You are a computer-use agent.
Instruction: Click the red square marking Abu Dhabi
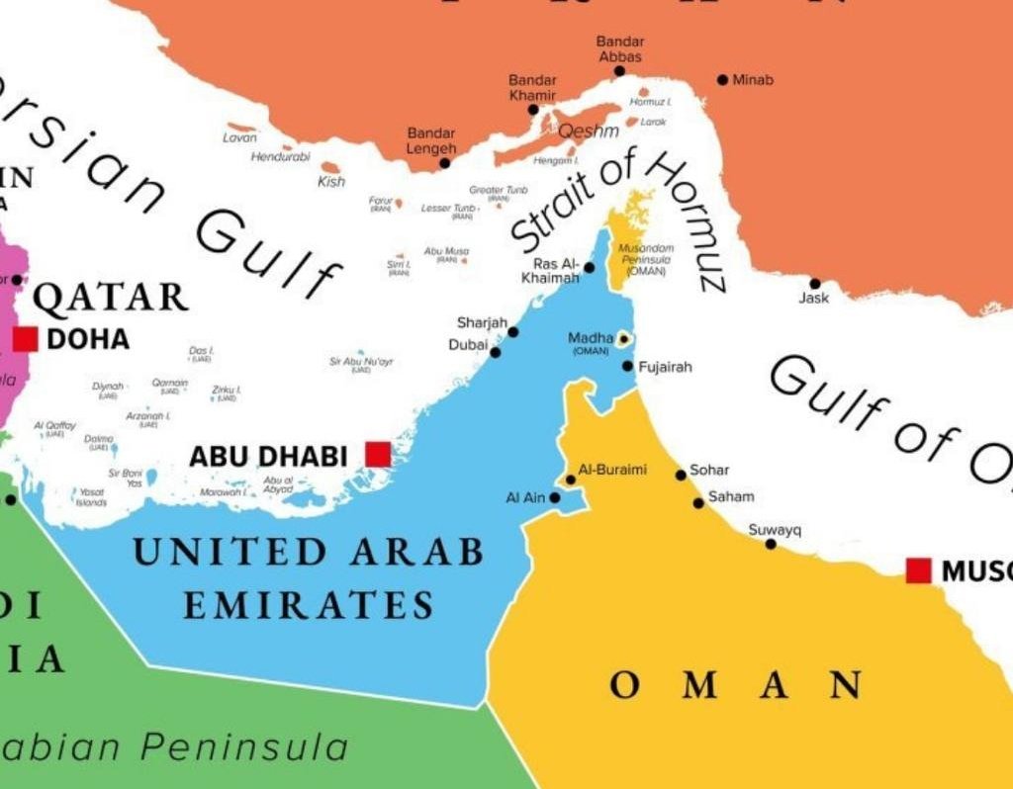pyautogui.click(x=378, y=454)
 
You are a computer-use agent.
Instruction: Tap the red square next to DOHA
pyautogui.click(x=26, y=339)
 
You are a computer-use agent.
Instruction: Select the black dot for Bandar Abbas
pyautogui.click(x=619, y=71)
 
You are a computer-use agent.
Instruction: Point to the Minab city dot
pyautogui.click(x=723, y=80)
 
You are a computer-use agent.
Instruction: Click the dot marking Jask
pyautogui.click(x=815, y=284)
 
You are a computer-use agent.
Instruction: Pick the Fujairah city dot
pyautogui.click(x=627, y=367)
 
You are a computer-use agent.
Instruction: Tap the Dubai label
pyautogui.click(x=468, y=345)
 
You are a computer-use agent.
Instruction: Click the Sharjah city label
pyautogui.click(x=482, y=323)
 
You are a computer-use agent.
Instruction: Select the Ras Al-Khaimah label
pyautogui.click(x=555, y=271)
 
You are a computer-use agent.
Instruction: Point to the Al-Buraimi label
pyautogui.click(x=612, y=470)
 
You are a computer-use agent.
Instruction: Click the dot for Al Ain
pyautogui.click(x=555, y=497)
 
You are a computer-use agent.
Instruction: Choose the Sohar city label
pyautogui.click(x=709, y=471)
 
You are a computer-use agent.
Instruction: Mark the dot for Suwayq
pyautogui.click(x=771, y=544)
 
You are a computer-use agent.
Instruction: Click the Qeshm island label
pyautogui.click(x=588, y=131)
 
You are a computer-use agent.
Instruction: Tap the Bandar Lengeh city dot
pyautogui.click(x=445, y=163)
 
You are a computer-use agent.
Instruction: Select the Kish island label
pyautogui.click(x=331, y=182)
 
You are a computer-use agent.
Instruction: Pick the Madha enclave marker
pyautogui.click(x=624, y=339)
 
